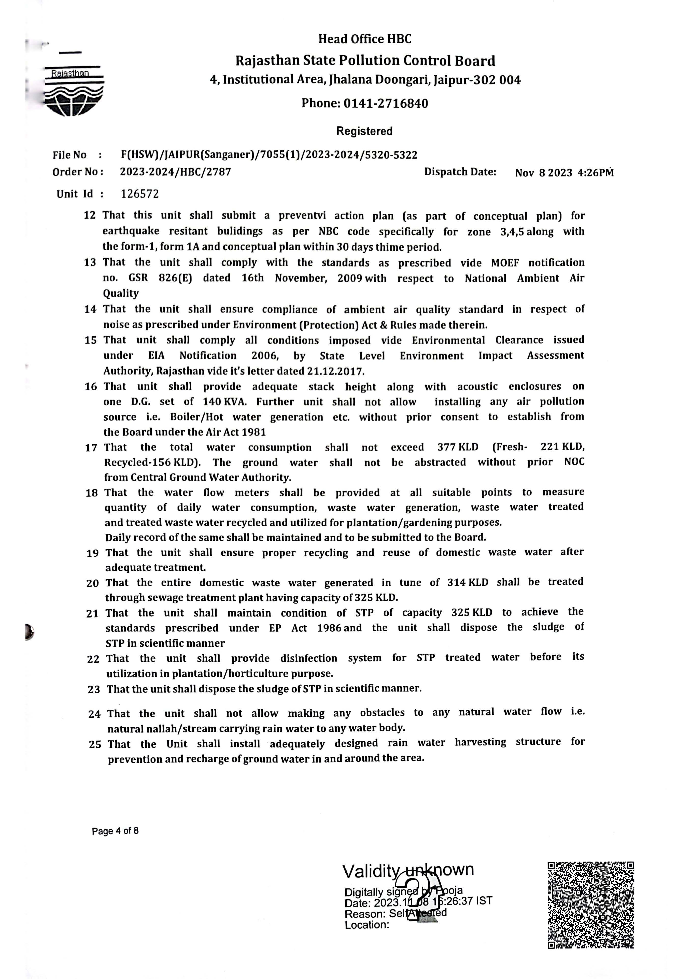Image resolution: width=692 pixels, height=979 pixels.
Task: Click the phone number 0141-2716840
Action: click(x=386, y=104)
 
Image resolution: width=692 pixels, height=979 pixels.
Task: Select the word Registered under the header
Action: click(x=364, y=131)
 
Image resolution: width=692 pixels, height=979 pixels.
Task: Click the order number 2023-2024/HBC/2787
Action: click(x=175, y=172)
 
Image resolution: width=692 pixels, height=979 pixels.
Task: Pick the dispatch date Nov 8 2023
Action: click(x=544, y=173)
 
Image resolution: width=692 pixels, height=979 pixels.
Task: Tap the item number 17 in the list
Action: click(x=91, y=448)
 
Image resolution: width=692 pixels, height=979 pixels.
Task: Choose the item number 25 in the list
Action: click(x=95, y=744)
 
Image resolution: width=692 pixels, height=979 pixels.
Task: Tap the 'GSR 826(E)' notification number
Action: click(x=160, y=278)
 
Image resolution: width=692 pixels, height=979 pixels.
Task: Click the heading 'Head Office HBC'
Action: click(x=365, y=39)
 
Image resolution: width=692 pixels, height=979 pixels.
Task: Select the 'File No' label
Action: click(x=69, y=155)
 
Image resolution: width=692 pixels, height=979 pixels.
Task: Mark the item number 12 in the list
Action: click(x=90, y=215)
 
